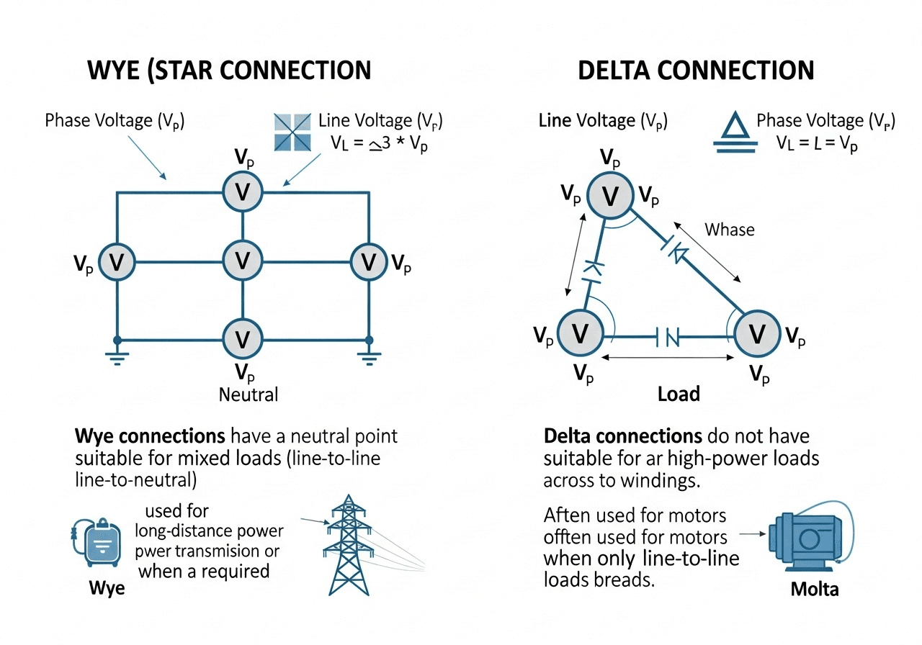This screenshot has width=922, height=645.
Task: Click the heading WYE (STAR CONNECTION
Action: (x=228, y=70)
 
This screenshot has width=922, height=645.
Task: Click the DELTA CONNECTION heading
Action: (x=696, y=70)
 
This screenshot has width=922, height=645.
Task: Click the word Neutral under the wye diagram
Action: (x=249, y=394)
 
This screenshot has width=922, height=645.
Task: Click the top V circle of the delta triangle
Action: (x=609, y=195)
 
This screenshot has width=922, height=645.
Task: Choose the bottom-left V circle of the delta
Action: (x=581, y=333)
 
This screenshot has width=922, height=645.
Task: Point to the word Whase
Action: (x=729, y=230)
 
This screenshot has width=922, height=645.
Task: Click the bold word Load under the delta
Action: (x=679, y=394)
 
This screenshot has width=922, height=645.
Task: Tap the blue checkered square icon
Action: (x=292, y=132)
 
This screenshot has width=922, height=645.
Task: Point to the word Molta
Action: (x=815, y=589)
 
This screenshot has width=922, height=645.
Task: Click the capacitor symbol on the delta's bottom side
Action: (x=668, y=335)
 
